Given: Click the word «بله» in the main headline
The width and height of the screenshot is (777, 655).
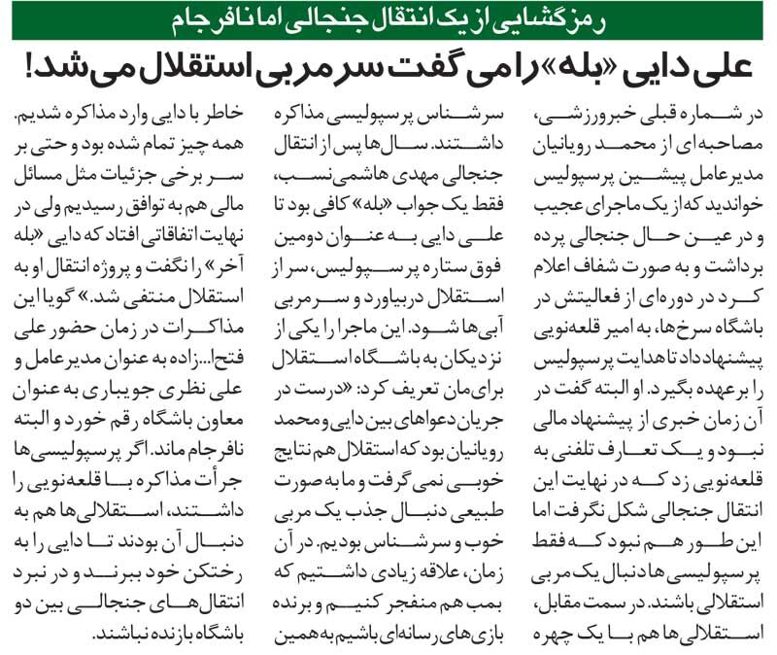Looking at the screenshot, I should point(494,69).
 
